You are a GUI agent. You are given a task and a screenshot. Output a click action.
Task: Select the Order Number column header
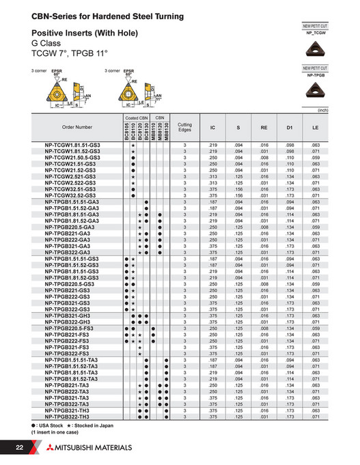tap(76, 127)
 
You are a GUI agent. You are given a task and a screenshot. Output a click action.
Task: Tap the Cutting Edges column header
tap(184, 127)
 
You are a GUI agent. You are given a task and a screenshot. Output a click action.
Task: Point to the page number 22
tap(19, 447)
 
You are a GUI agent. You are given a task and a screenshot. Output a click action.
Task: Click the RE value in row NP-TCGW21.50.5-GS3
tap(264, 158)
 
